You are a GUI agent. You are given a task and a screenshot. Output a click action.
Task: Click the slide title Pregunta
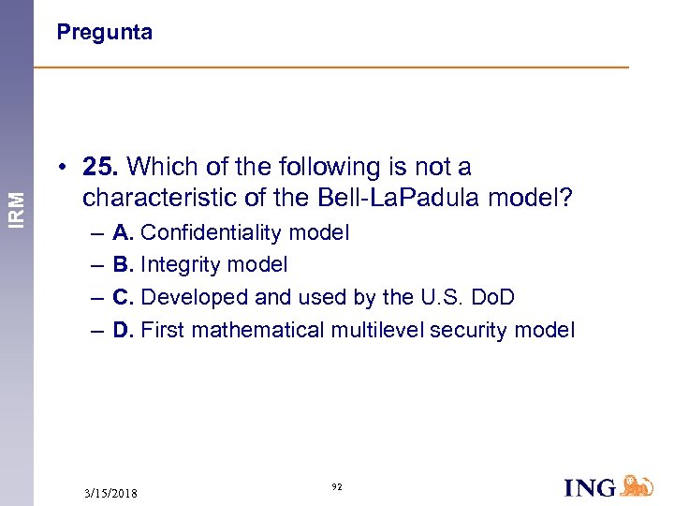[104, 33]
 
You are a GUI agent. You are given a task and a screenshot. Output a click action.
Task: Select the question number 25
[99, 168]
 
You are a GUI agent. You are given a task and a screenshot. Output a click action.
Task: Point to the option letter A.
[123, 232]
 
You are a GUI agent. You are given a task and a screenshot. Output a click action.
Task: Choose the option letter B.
[123, 265]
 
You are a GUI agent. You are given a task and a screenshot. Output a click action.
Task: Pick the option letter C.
[123, 298]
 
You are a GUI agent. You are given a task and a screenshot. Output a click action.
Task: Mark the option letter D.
[123, 330]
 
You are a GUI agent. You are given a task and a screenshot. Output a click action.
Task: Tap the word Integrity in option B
[178, 265]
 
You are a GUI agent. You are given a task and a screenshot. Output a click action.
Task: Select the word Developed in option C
[188, 298]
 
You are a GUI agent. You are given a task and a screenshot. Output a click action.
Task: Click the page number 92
[337, 487]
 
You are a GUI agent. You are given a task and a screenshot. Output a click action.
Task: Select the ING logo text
[591, 487]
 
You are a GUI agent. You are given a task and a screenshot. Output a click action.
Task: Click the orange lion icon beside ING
[637, 485]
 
